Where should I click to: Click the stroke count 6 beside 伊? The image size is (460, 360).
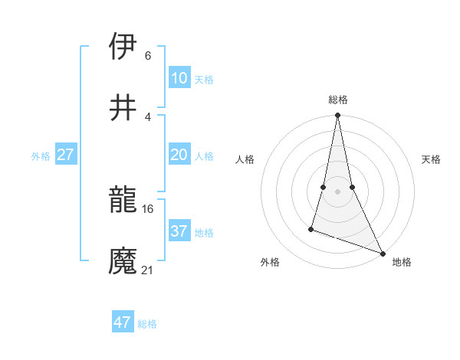pyautogui.click(x=147, y=55)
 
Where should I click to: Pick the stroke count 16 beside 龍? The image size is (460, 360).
pyautogui.click(x=148, y=208)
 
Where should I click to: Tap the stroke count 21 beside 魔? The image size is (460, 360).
pyautogui.click(x=148, y=270)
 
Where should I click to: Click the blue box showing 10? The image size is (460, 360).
pyautogui.click(x=179, y=78)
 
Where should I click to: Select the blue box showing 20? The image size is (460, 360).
pyautogui.click(x=179, y=155)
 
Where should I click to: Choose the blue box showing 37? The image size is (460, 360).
pyautogui.click(x=179, y=231)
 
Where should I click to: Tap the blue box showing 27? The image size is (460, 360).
pyautogui.click(x=65, y=155)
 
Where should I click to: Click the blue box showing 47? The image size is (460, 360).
pyautogui.click(x=122, y=322)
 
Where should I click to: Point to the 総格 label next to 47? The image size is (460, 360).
pyautogui.click(x=147, y=324)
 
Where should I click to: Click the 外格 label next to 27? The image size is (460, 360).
pyautogui.click(x=41, y=156)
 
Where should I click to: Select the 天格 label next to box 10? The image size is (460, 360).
pyautogui.click(x=204, y=80)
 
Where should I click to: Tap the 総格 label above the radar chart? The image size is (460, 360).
pyautogui.click(x=338, y=100)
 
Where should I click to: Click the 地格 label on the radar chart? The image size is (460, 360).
pyautogui.click(x=402, y=262)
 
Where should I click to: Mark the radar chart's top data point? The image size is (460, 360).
pyautogui.click(x=337, y=116)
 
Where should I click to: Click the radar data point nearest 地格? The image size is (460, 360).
pyautogui.click(x=383, y=252)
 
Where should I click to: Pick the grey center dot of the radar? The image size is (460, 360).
pyautogui.click(x=337, y=191)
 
